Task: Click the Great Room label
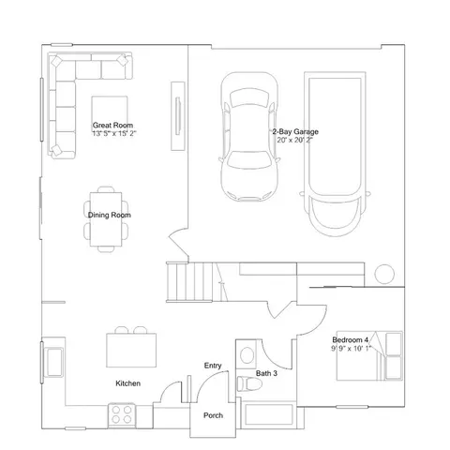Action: pos(112,126)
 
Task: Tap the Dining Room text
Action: pos(110,215)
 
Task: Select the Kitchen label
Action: pos(128,383)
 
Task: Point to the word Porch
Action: pos(213,415)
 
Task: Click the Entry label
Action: pos(213,366)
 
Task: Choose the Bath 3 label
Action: pos(266,373)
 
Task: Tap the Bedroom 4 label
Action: pos(351,339)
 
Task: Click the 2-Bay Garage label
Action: pos(295,131)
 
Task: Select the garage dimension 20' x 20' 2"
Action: pos(294,140)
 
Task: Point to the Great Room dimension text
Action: pos(114,133)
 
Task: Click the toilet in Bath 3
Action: pos(249,384)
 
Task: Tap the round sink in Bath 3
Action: pos(247,355)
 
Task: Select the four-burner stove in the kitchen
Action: pos(122,415)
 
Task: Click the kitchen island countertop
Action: pos(131,350)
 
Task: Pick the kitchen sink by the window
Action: pos(53,362)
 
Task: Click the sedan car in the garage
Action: pos(249,137)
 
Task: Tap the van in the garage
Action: pos(335,154)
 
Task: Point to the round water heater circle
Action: pos(384,274)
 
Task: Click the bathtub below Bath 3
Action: pos(269,414)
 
